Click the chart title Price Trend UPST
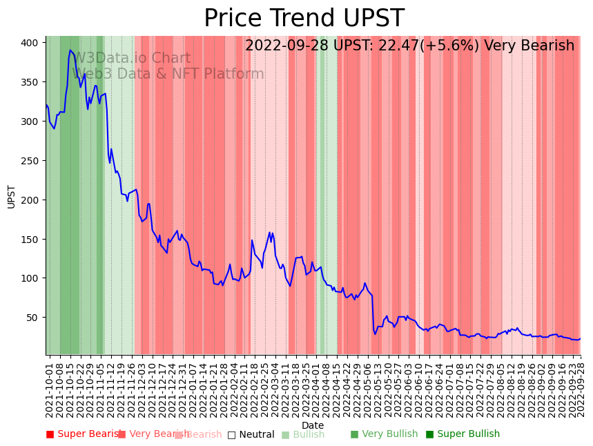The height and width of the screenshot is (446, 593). (x=304, y=19)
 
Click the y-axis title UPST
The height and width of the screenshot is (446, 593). (x=12, y=196)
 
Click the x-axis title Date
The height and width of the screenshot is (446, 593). (x=313, y=425)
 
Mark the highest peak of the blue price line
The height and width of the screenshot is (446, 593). (x=70, y=50)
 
